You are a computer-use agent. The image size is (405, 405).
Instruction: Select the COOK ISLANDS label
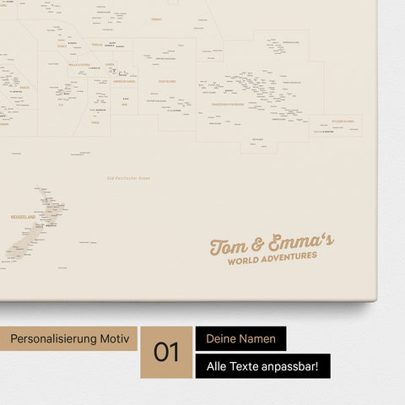coord(167,82)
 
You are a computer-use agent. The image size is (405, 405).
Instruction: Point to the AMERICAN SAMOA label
coord(125,82)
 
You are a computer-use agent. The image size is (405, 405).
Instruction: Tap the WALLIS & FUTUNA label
coord(78,64)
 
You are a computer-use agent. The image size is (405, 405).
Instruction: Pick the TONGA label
coord(95,122)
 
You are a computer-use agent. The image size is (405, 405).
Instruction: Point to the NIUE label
coord(125,105)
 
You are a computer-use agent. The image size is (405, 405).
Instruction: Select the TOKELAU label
coord(97,44)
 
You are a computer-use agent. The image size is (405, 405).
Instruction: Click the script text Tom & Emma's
coord(271,245)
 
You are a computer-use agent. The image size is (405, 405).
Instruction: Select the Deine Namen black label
coord(240,338)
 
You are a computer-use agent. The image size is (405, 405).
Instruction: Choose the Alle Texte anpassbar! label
coord(262,366)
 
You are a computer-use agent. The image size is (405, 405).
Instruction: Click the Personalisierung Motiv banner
coord(69,338)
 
